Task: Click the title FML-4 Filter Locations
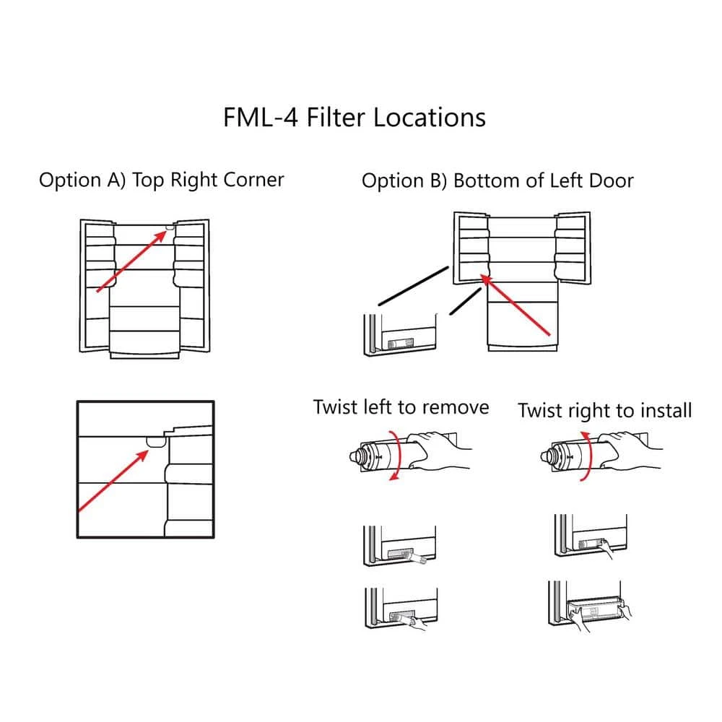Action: (354, 117)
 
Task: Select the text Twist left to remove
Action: (401, 407)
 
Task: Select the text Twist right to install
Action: (604, 410)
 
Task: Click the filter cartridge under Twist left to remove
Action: (379, 456)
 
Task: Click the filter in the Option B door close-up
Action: (400, 345)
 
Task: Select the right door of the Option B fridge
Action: (572, 245)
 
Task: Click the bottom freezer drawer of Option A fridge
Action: (144, 342)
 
